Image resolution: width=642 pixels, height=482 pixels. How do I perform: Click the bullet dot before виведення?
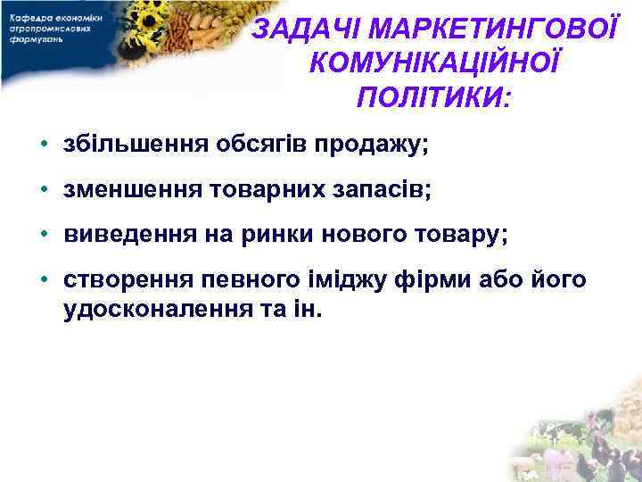pos(43,235)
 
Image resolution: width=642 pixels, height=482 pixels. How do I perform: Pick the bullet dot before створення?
pos(43,280)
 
